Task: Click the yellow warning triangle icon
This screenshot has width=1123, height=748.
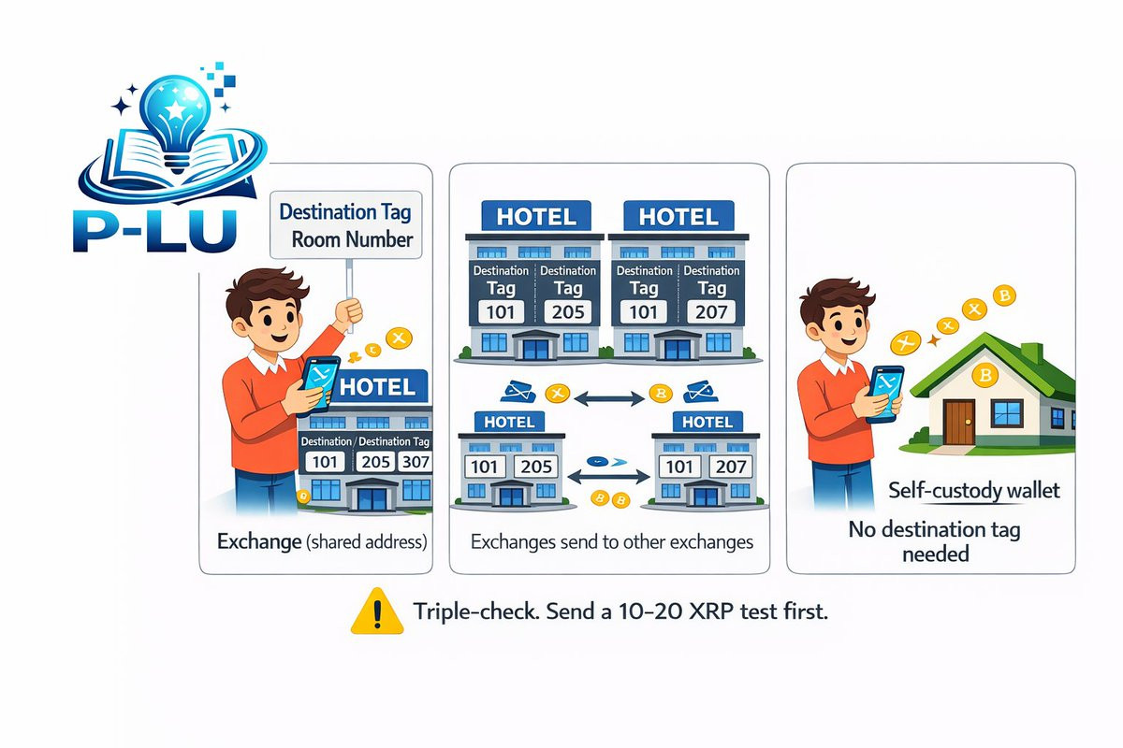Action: pos(376,611)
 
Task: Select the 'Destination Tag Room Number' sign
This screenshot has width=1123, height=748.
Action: pos(345,224)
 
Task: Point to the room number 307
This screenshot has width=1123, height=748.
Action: pos(414,462)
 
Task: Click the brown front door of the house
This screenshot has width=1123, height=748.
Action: pos(958,422)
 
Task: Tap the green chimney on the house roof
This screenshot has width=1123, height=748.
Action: pos(1031,354)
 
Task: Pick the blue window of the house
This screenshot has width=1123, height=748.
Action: pos(1007,411)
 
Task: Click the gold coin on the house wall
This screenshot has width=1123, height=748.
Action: pos(984,378)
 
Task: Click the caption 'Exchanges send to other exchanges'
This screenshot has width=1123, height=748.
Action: pos(611,541)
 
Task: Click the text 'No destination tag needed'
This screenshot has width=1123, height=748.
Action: pos(934,541)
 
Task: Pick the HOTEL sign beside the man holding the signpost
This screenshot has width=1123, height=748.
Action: pos(378,386)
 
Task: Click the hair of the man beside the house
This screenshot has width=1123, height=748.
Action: pos(837,299)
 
